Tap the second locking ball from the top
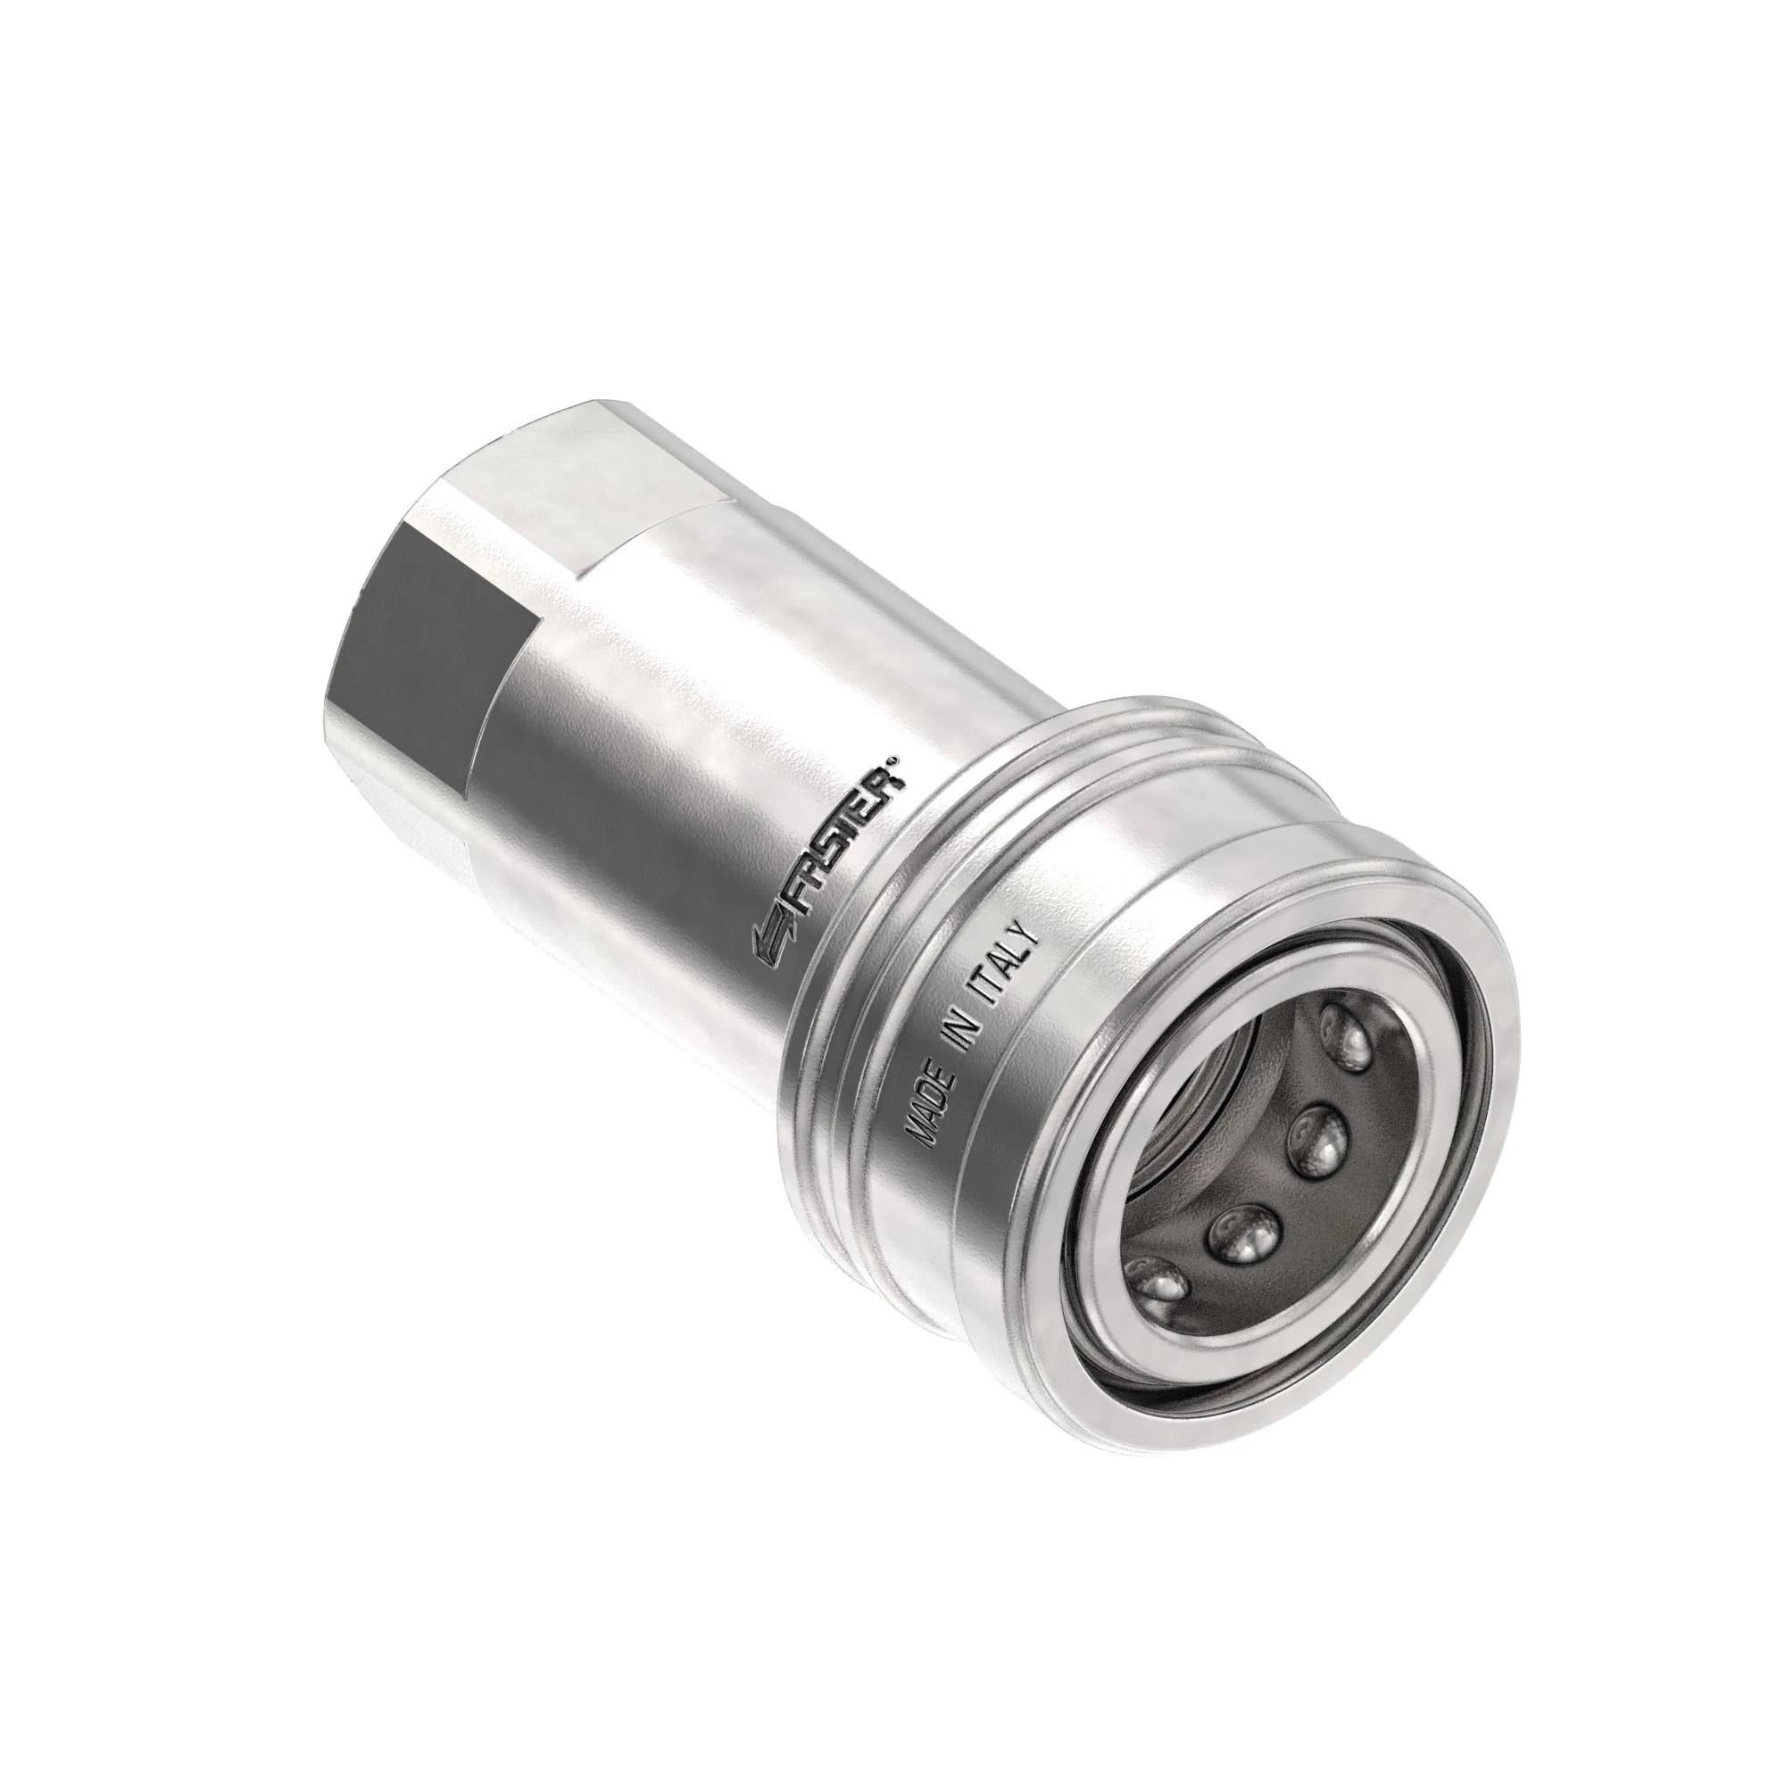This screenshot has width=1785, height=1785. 1317,1142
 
